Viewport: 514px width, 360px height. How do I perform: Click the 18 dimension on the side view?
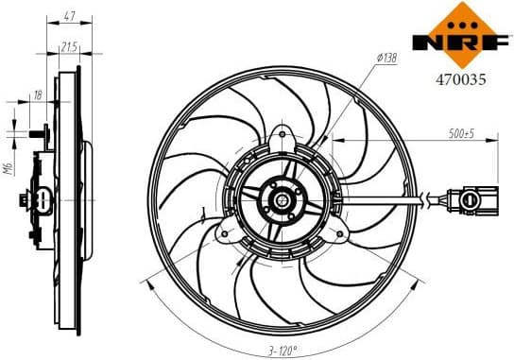(38, 95)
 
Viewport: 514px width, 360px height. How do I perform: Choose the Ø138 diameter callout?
(386, 59)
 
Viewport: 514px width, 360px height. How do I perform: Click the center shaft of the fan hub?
(283, 200)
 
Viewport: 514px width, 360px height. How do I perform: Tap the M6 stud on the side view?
(36, 135)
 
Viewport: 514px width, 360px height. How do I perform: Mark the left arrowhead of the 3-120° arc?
(144, 280)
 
